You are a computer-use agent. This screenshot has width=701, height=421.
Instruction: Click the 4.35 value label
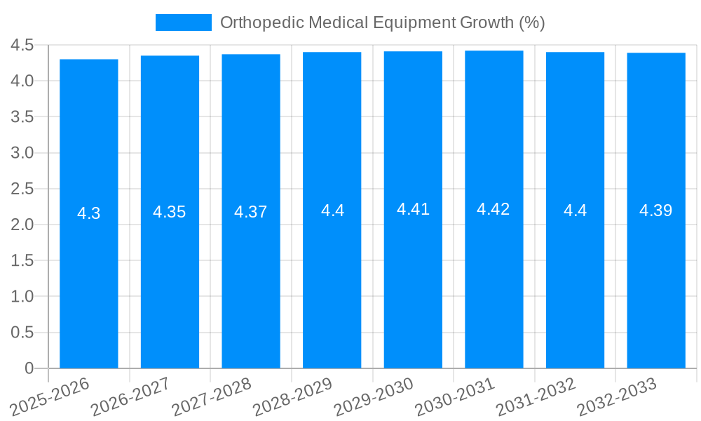pyautogui.click(x=170, y=212)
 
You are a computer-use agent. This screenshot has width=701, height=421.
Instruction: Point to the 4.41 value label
pyautogui.click(x=413, y=209)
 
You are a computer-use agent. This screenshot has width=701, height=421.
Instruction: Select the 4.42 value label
pyautogui.click(x=494, y=209)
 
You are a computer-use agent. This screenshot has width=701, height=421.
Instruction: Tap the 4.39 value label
pyautogui.click(x=656, y=210)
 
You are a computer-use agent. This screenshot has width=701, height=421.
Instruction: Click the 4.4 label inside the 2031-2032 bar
pyautogui.click(x=575, y=210)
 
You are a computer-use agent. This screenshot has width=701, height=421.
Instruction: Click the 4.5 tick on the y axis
pyautogui.click(x=22, y=46)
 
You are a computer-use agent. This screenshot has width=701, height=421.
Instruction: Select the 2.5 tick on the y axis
pyautogui.click(x=22, y=189)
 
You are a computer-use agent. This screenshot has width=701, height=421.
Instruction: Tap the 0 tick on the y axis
pyautogui.click(x=29, y=368)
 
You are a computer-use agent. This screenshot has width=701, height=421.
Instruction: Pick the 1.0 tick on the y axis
pyautogui.click(x=22, y=297)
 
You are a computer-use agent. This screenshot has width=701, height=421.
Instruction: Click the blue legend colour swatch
pyautogui.click(x=183, y=22)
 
